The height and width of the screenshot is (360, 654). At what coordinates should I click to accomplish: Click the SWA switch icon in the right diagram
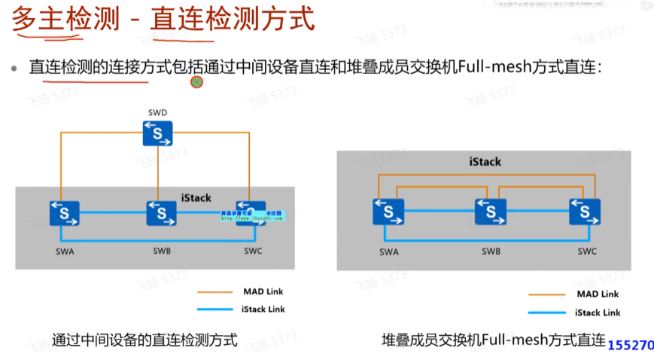(389, 212)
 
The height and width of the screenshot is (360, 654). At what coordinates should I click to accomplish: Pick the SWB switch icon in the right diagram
(490, 212)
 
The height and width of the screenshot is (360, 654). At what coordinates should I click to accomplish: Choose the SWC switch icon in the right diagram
(585, 212)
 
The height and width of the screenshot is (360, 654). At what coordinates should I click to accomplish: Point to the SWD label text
(158, 112)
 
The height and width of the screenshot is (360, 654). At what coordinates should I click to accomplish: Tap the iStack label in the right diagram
(485, 161)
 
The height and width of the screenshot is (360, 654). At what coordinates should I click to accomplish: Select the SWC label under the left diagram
(253, 250)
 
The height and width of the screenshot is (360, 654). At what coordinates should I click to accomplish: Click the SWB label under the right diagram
(491, 250)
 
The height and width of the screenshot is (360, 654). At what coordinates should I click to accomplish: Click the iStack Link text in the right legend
(598, 313)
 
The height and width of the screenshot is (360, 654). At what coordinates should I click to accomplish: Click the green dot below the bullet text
(197, 81)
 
